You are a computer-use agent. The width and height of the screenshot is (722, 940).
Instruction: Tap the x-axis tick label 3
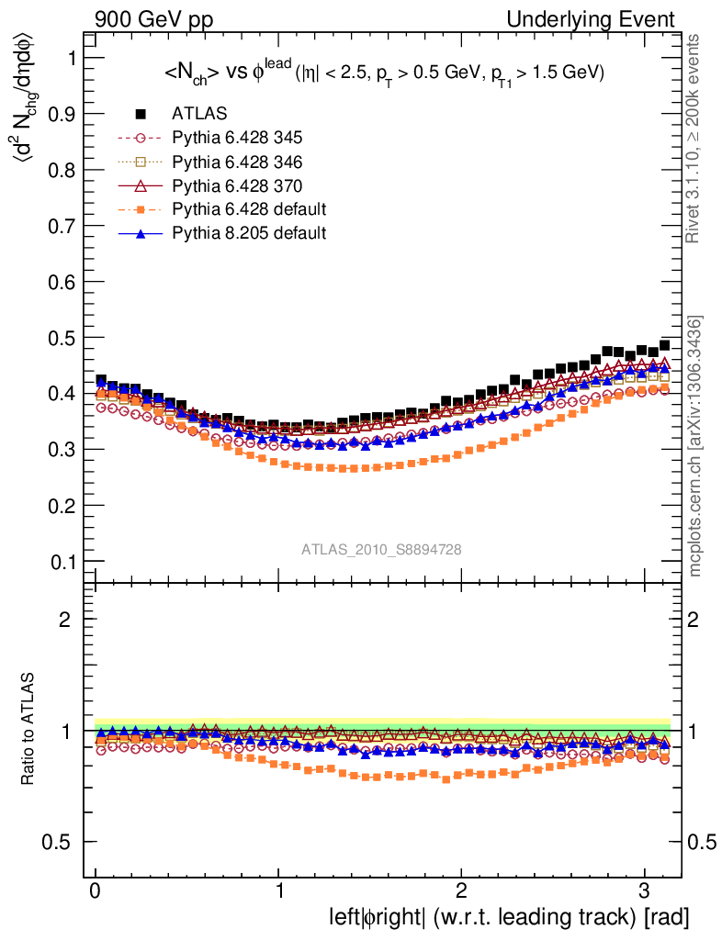coord(644,891)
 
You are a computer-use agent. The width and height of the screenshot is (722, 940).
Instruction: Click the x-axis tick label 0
coord(96,891)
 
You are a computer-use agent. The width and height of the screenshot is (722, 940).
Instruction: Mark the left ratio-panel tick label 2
coord(64,620)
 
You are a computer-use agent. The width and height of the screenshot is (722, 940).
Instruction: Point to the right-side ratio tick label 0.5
coord(703,843)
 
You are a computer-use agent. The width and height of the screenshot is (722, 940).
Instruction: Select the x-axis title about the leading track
coord(508,917)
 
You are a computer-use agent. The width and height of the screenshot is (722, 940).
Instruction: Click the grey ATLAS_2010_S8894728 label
coord(381,549)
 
